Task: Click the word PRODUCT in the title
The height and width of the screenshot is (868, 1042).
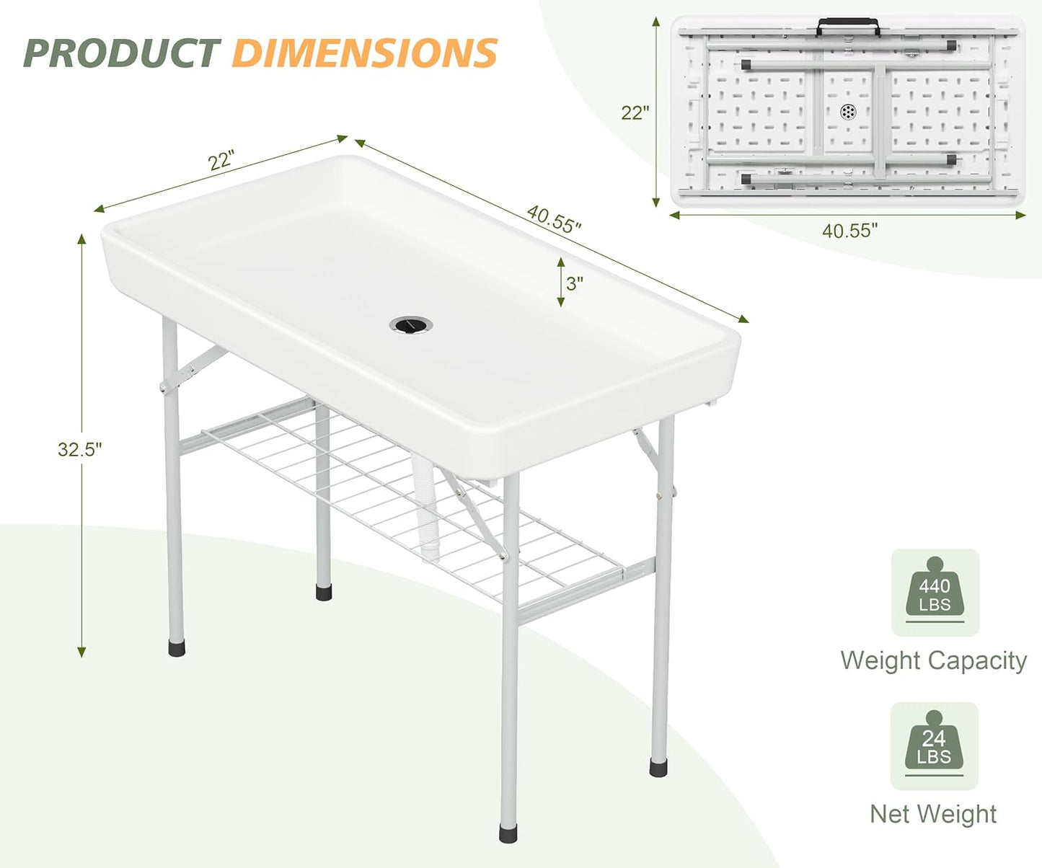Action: (121, 53)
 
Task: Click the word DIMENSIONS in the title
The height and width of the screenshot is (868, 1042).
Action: (365, 53)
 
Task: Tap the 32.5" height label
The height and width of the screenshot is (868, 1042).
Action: (80, 449)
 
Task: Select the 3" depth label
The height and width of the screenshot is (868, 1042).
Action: (575, 283)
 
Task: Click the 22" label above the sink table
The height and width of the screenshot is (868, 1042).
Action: (222, 160)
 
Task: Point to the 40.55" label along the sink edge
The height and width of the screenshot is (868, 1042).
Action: (554, 218)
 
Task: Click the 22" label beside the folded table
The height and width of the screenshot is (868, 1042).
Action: (635, 112)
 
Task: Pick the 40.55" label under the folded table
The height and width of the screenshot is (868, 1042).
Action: (850, 231)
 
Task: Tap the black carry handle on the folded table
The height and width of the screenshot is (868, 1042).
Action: (848, 27)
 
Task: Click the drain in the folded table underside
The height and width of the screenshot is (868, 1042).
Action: (849, 112)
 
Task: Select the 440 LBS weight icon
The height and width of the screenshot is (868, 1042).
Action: (935, 593)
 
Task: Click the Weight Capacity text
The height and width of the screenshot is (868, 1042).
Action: (933, 660)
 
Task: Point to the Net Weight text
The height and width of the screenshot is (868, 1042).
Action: (933, 814)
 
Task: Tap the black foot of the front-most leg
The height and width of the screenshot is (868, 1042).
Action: (508, 833)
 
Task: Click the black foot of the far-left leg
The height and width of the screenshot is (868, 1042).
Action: (176, 647)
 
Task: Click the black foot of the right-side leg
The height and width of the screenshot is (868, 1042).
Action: (658, 767)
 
